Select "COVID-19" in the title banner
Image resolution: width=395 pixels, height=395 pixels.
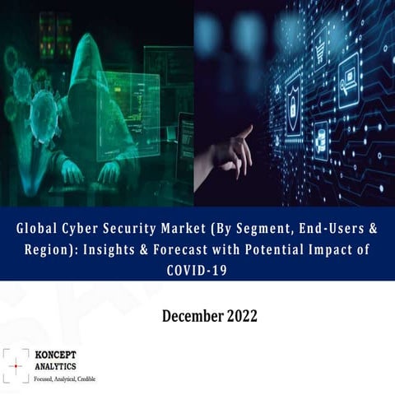pos(197,269)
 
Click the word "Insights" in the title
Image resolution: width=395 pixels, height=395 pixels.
pos(123,250)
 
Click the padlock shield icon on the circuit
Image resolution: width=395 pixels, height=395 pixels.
pos(293,103)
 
